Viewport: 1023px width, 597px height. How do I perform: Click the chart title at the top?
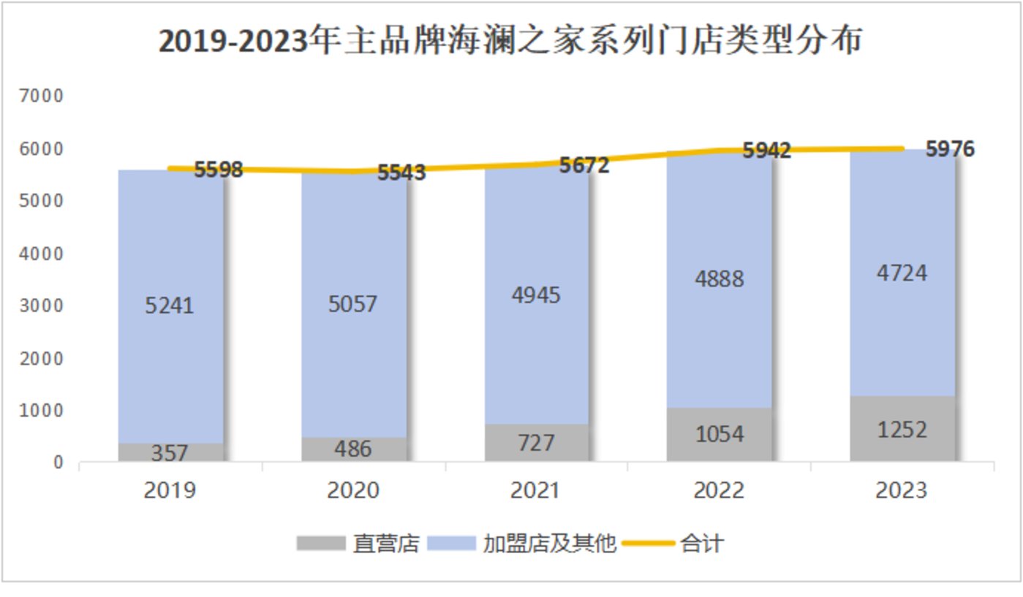(x=510, y=42)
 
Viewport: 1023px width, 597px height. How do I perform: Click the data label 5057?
(x=352, y=303)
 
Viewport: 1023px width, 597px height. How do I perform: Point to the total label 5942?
(x=767, y=151)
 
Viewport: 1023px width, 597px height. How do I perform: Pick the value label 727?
(x=536, y=443)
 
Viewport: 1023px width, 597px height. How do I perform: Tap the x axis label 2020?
(x=352, y=490)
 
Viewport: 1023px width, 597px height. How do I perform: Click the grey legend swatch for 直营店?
(x=320, y=544)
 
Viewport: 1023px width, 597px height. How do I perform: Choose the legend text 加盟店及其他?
(x=550, y=544)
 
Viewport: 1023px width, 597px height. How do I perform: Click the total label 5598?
(x=218, y=170)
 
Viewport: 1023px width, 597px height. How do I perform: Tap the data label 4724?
(x=902, y=273)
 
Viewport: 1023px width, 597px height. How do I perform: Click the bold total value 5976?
(x=950, y=149)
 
